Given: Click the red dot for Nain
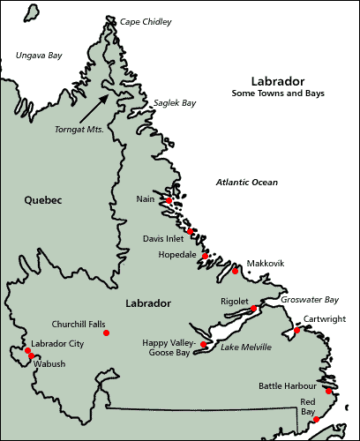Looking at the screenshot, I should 169,201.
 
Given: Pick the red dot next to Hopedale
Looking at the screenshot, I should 205,256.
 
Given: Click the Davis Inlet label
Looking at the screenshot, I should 163,238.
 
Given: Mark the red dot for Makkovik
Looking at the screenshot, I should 236,271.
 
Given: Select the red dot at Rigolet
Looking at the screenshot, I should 252,309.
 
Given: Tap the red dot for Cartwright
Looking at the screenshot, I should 297,331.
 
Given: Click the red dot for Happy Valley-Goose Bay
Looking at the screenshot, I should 204,344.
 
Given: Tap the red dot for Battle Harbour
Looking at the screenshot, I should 328,390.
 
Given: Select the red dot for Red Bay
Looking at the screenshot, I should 316,420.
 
